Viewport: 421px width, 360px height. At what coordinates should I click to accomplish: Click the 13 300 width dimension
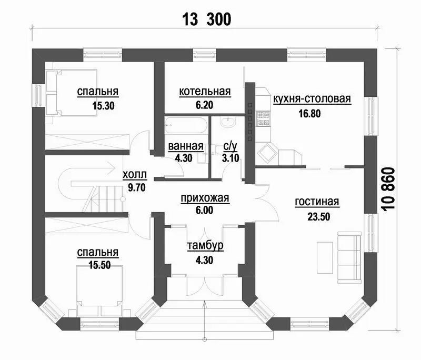206,19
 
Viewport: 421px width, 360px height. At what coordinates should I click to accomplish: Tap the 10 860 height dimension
388,189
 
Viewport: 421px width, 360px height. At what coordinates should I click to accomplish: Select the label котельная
205,92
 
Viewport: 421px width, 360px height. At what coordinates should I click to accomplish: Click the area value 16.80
309,114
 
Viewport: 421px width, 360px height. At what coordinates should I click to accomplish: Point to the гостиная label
317,202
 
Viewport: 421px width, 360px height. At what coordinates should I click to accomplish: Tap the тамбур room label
205,246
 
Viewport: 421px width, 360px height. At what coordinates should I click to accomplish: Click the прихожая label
205,198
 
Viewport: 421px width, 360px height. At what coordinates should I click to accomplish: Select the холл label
135,175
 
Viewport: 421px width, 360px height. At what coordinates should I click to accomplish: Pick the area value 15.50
99,265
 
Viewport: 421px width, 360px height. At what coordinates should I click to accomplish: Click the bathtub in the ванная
186,125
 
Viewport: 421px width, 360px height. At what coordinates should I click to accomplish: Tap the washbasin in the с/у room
228,122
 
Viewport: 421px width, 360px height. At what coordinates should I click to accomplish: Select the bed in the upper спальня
72,93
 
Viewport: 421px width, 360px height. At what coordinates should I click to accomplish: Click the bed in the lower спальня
99,291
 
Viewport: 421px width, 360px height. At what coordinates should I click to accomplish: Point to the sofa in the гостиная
349,257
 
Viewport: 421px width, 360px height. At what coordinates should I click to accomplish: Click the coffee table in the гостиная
325,258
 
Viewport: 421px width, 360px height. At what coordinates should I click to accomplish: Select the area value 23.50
319,217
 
